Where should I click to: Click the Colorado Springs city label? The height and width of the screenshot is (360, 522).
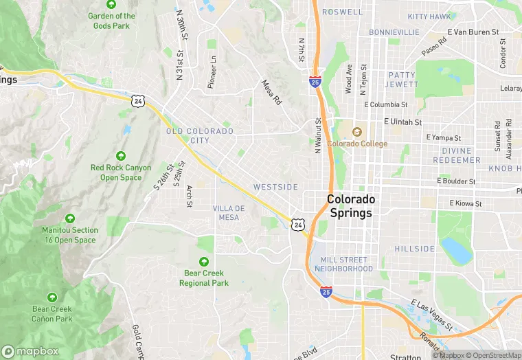coord(351,205)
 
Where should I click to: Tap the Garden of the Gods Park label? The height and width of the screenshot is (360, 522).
coord(111,21)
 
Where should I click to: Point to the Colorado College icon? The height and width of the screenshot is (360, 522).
coord(356,132)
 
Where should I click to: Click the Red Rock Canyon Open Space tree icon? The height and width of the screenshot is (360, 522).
coord(121,156)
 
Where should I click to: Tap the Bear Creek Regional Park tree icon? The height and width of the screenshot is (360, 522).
coord(203,261)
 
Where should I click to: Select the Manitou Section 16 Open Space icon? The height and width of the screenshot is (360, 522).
coord(69,218)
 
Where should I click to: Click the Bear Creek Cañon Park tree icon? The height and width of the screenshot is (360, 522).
coord(52,297)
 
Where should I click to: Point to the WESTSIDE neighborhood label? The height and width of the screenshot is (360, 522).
coord(275,187)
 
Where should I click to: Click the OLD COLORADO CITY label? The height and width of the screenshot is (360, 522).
coord(199,135)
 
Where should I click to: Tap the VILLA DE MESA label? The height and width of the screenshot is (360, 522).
coord(229,212)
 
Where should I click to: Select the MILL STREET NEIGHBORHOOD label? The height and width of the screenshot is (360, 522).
coord(343,264)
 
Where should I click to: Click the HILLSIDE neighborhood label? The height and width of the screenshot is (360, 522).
coord(414,249)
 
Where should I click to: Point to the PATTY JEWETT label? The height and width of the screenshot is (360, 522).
coord(402,79)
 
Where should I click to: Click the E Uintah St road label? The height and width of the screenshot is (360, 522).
coord(406,121)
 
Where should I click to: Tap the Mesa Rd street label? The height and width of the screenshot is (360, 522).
coord(272,92)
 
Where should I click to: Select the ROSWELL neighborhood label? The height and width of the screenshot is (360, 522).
coord(341,12)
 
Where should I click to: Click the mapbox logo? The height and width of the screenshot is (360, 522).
coord(30,350)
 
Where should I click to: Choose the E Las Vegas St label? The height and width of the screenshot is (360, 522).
coord(431,313)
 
